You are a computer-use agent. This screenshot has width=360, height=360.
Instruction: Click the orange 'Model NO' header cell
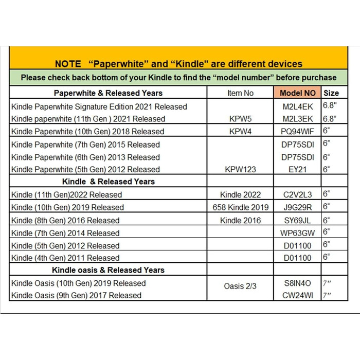coord(298,93)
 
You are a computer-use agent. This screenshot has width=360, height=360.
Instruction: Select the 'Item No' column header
coord(240,93)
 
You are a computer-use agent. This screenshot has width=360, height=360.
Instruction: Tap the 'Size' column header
coord(331,93)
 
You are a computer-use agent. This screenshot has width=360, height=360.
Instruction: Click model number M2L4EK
coord(298,106)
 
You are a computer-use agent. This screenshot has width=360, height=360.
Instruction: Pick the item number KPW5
coord(240,119)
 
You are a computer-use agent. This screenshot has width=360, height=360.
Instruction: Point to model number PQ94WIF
coord(298,131)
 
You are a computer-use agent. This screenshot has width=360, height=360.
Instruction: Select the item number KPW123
coord(240,169)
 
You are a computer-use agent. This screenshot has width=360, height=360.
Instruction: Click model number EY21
coord(298,169)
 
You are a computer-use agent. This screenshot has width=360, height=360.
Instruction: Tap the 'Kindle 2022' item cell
coord(240,194)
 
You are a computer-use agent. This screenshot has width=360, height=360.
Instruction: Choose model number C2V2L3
coord(298,194)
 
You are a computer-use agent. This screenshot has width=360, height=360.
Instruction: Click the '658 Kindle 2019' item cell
coord(240,207)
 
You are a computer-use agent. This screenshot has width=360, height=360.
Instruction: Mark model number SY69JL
coord(298,220)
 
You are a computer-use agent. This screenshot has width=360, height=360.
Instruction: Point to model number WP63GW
coord(298,233)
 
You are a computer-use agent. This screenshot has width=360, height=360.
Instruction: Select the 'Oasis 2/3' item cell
coord(240,286)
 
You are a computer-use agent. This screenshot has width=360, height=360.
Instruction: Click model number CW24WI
coord(298,295)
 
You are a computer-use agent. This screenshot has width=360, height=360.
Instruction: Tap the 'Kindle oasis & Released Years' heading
coord(108,270)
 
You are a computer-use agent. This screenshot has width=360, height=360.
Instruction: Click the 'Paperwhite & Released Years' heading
coord(108,93)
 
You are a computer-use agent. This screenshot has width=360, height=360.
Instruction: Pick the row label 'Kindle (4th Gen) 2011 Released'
coord(65,258)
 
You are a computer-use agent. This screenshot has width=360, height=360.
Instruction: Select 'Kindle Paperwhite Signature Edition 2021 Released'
coord(99,106)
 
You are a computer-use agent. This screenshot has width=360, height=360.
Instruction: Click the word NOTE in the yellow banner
coord(68,64)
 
